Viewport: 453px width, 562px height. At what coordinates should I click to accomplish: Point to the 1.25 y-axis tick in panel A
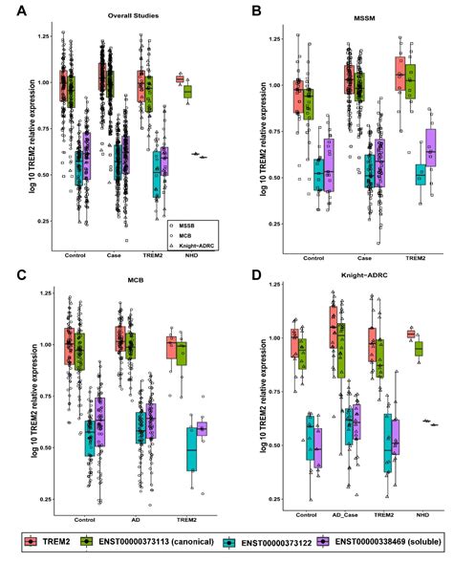(42, 36)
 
